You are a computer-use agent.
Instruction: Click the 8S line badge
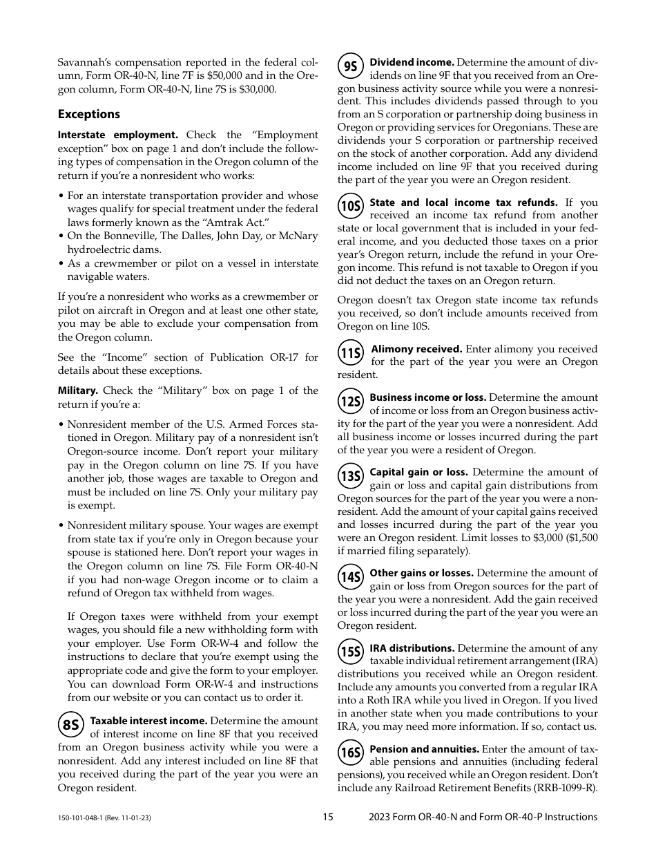tap(71, 725)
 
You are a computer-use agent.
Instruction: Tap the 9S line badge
tap(351, 66)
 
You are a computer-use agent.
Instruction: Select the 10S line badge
tap(351, 207)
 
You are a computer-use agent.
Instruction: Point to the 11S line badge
tap(351, 353)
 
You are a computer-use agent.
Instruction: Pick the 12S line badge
tap(351, 402)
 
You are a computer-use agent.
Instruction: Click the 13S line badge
tap(351, 476)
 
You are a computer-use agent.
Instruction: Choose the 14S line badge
tap(351, 577)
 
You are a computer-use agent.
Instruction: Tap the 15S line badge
tap(351, 652)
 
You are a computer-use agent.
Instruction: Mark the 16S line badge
tap(351, 753)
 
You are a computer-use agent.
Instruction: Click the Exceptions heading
tap(88, 114)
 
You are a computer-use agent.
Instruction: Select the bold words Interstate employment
tap(117, 135)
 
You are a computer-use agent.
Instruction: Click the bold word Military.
tap(77, 391)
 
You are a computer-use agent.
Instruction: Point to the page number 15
tap(327, 817)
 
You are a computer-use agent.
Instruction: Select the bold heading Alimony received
tap(416, 349)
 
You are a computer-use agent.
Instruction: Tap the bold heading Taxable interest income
tap(148, 721)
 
